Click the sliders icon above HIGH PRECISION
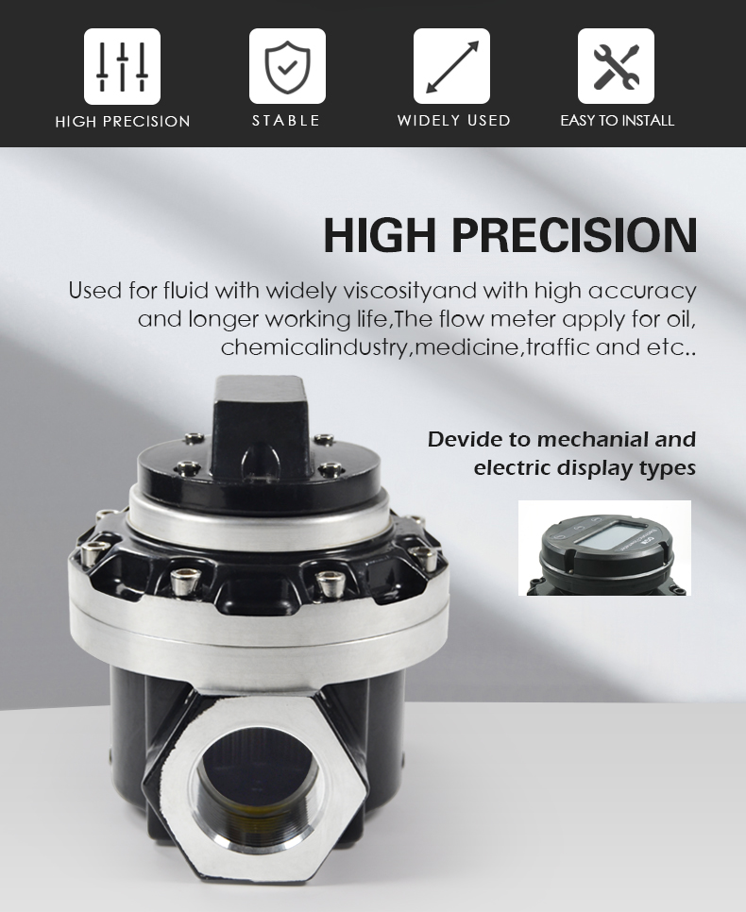click(x=122, y=66)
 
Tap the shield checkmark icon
click(x=287, y=66)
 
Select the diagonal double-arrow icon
click(x=451, y=66)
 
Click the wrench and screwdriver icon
click(x=616, y=66)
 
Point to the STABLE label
click(x=286, y=121)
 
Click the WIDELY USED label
click(x=454, y=121)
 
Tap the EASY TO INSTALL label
click(x=617, y=121)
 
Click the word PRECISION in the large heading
click(x=574, y=234)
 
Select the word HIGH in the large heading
click(x=380, y=234)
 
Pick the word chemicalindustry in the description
click(x=316, y=347)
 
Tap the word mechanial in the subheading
click(x=592, y=439)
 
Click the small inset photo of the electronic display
click(x=604, y=548)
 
